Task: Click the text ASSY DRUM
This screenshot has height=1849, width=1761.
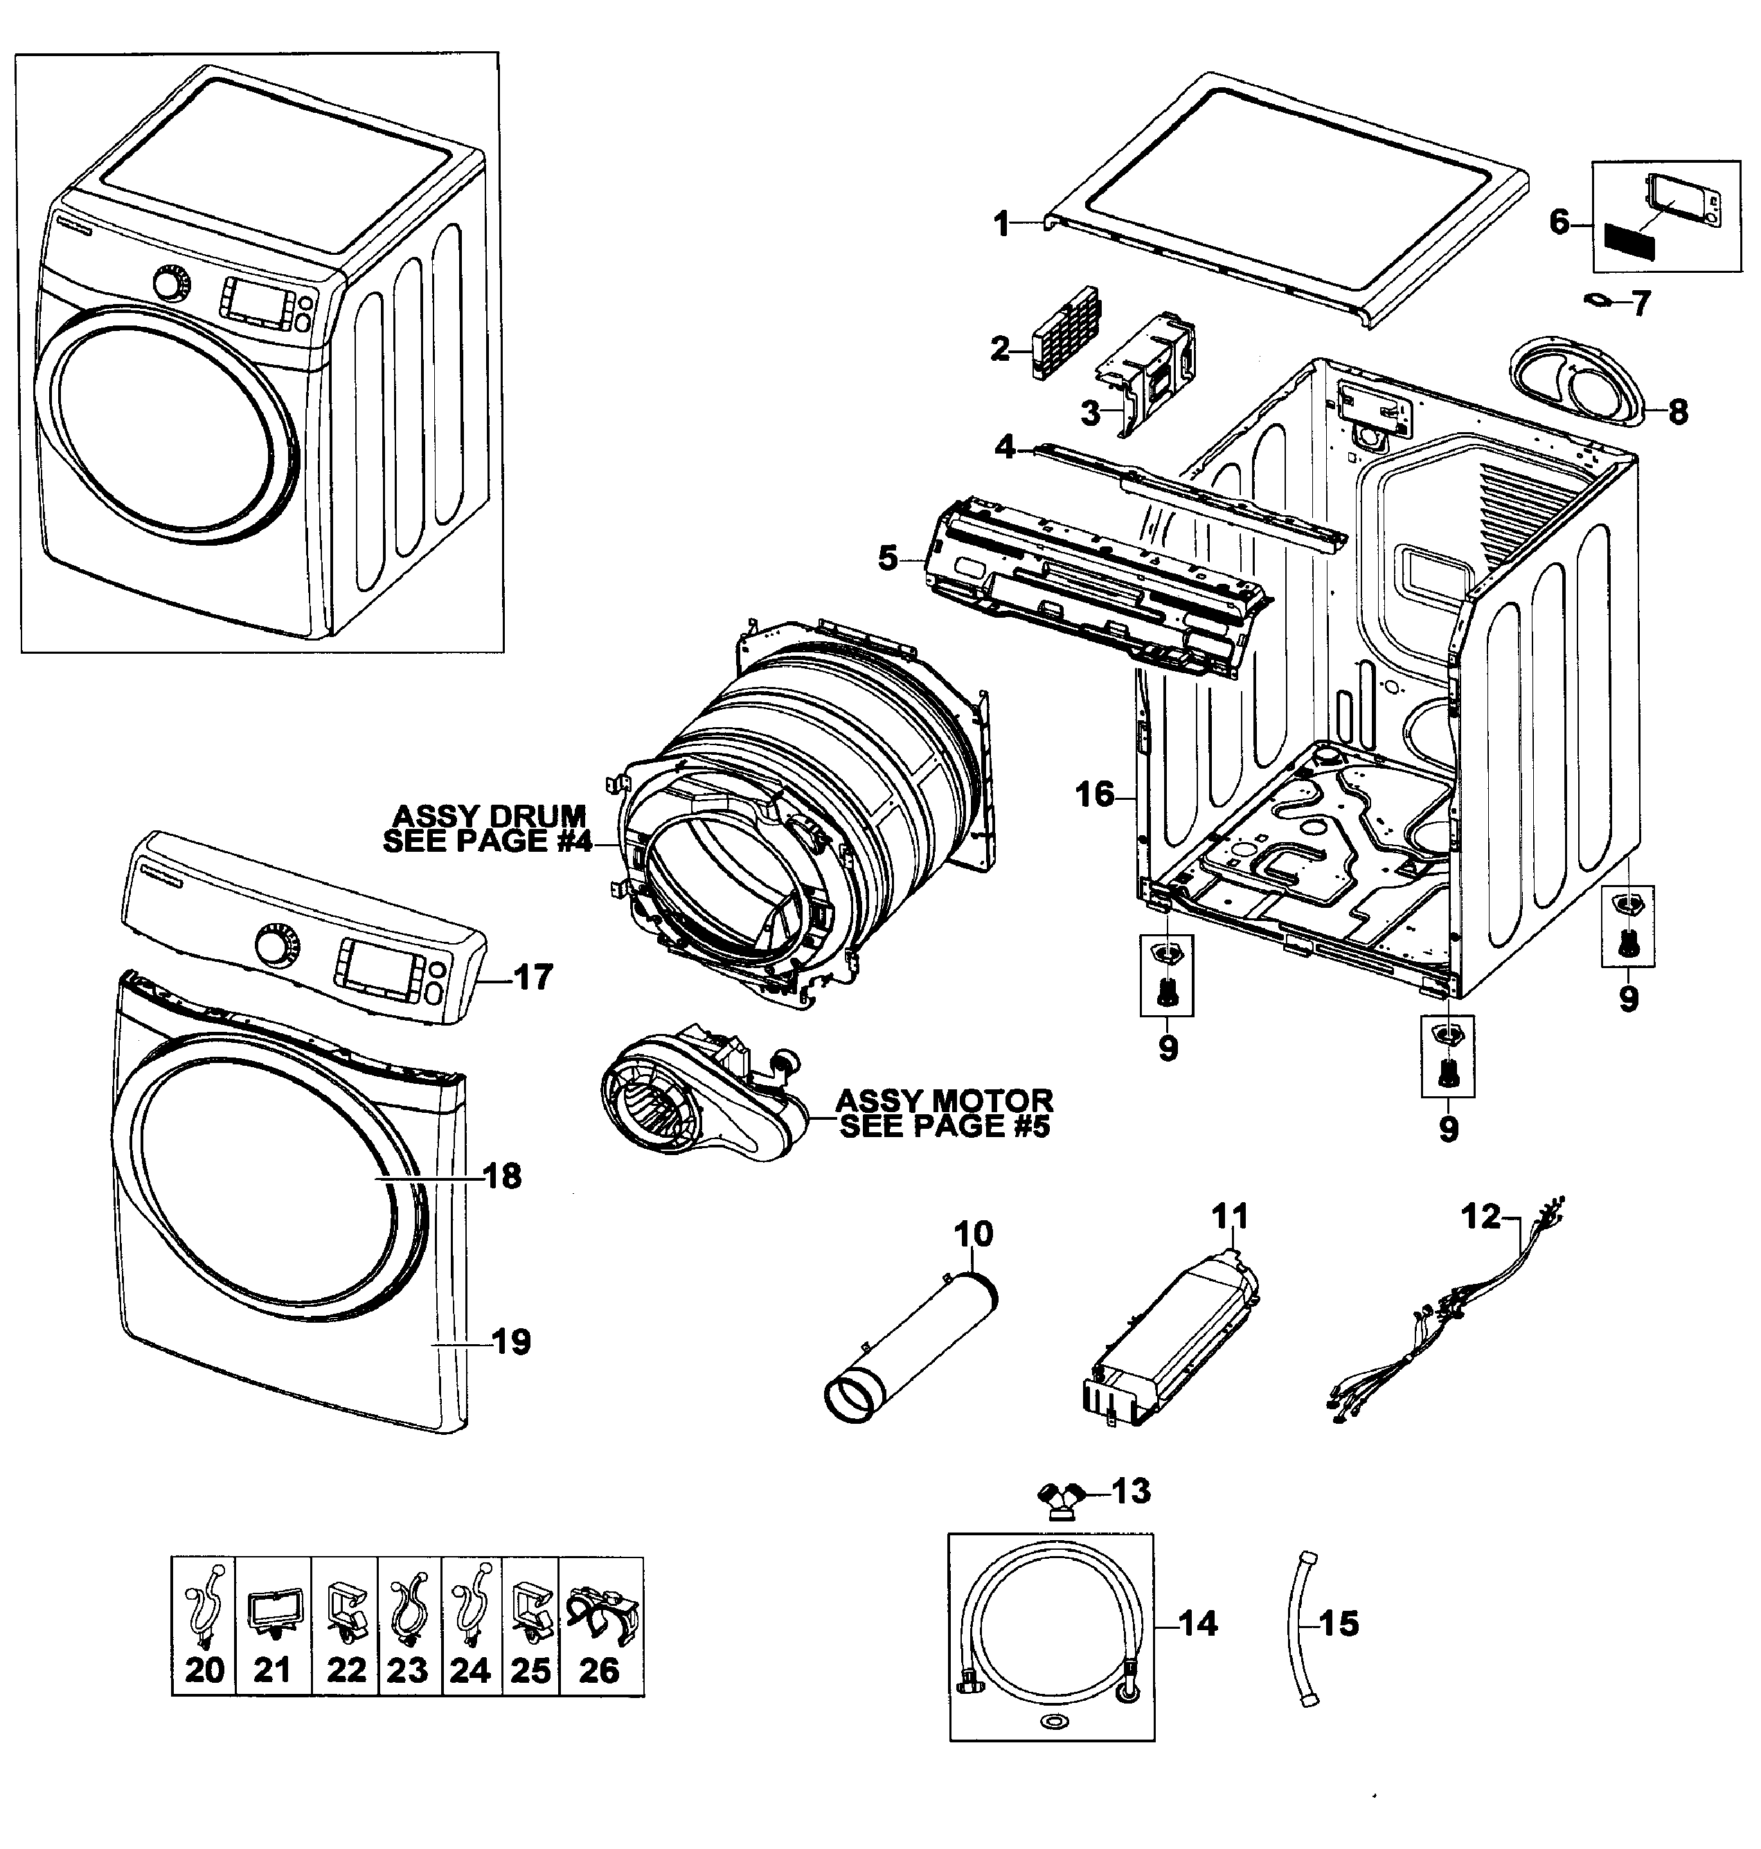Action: (x=488, y=814)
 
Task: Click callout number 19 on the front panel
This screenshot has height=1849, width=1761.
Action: (x=512, y=1342)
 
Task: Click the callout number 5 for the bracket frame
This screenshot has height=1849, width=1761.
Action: (x=887, y=558)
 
